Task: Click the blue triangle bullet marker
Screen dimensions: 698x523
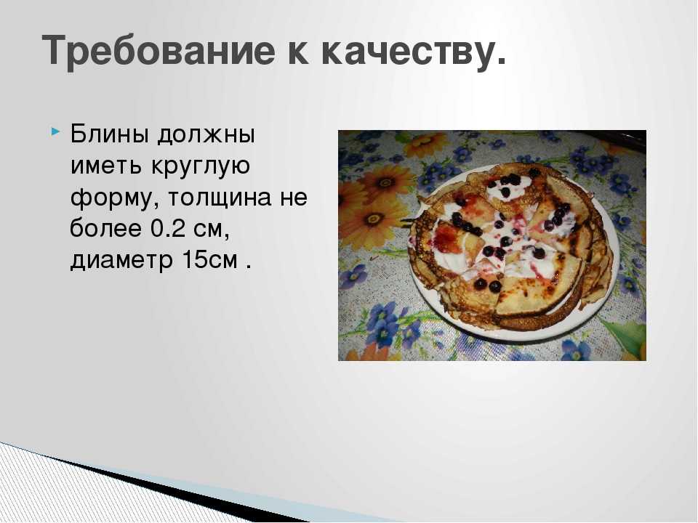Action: (55, 131)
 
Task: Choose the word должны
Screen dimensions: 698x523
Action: (206, 135)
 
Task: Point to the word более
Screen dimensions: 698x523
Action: (105, 227)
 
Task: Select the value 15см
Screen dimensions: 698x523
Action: (209, 260)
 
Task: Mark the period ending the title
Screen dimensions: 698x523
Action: (500, 62)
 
